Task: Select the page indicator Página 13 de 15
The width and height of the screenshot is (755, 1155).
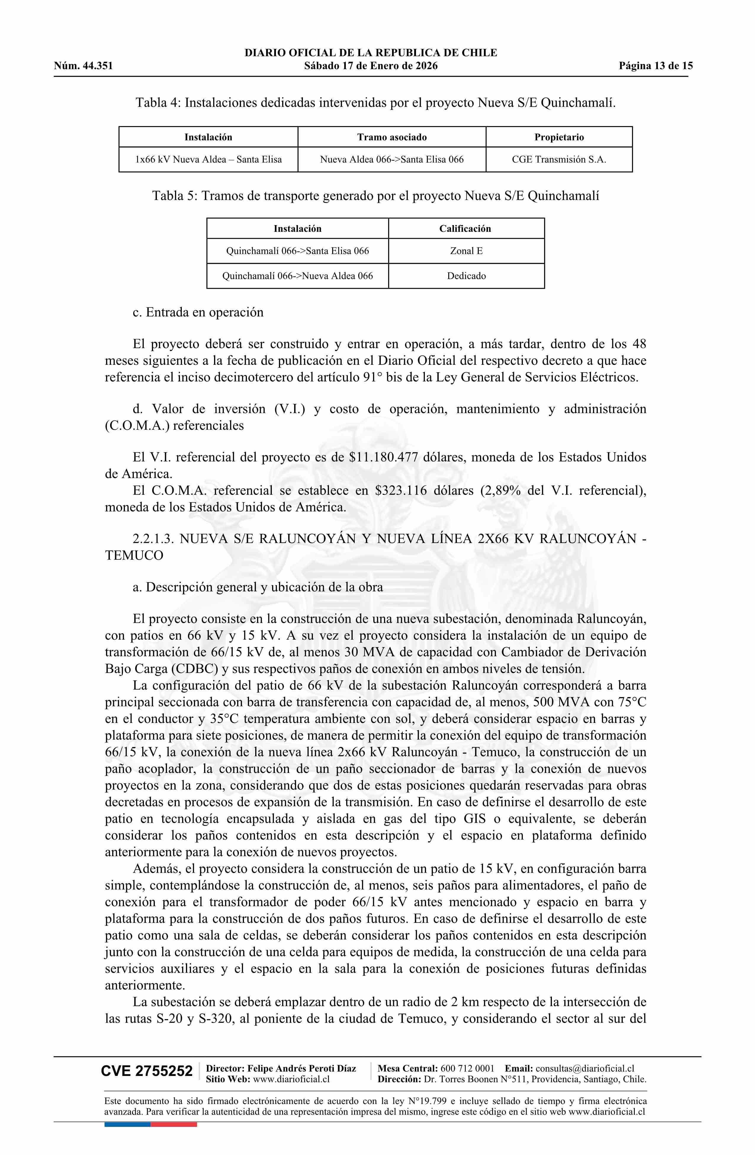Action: coord(656,66)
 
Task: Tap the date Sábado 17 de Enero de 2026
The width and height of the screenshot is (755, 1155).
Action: coord(371,66)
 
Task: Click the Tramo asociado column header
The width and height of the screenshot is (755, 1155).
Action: coord(392,137)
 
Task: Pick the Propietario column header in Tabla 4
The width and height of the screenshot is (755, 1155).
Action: coord(559,137)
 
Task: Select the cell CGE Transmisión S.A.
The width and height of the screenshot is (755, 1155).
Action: coord(559,160)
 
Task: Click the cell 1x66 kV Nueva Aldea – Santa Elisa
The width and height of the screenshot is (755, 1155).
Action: coord(208,160)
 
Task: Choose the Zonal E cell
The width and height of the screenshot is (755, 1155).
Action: coord(466,251)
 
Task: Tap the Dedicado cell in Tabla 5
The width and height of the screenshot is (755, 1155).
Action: coord(466,276)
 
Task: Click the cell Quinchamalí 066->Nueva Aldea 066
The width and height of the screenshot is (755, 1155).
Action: coord(298,276)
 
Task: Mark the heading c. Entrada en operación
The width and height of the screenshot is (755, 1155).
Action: coord(198,312)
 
